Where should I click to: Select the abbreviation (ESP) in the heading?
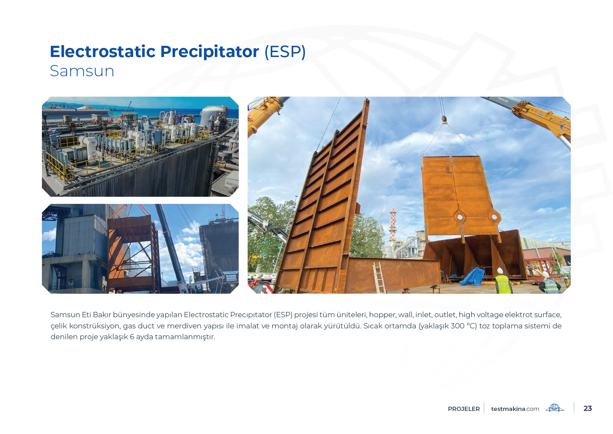click(285, 52)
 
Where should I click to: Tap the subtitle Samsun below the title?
click(82, 71)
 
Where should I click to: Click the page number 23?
click(588, 408)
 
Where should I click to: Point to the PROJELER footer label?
click(464, 409)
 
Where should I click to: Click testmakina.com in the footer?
click(515, 409)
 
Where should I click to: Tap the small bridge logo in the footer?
click(555, 408)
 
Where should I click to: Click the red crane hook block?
click(444, 120)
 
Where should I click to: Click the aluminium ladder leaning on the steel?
click(379, 278)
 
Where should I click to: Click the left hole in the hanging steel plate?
click(460, 217)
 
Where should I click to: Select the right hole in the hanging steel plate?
click(494, 217)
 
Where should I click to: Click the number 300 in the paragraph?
click(457, 326)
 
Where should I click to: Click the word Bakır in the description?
click(102, 315)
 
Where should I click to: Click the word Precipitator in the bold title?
click(210, 52)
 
